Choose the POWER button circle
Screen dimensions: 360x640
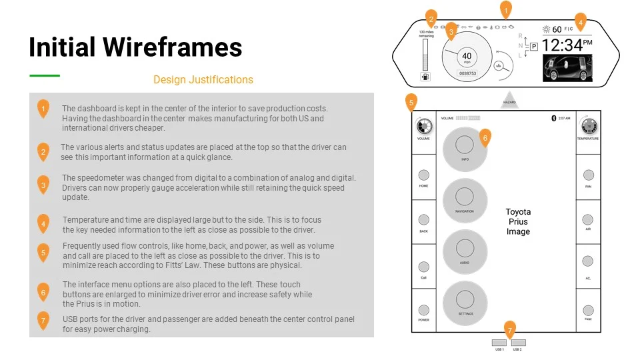point(423,310)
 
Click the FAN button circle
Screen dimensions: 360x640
point(588,175)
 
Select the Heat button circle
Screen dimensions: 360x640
point(588,310)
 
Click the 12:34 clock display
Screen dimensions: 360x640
point(562,45)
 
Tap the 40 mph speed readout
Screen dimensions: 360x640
point(467,57)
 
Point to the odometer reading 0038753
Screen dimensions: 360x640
point(467,73)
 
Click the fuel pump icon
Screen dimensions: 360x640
point(425,76)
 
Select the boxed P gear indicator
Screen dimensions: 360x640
point(533,46)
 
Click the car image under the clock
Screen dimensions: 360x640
point(567,68)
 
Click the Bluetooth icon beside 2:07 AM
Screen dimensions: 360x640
point(553,118)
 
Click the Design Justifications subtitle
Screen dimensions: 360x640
point(203,80)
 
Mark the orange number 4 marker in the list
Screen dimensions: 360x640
point(43,224)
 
